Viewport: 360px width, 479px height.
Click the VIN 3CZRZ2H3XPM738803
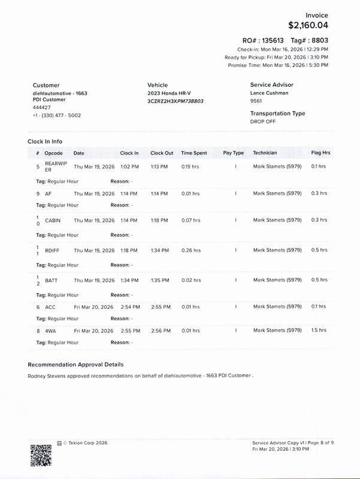pos(176,101)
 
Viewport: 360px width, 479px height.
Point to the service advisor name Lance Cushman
pos(270,93)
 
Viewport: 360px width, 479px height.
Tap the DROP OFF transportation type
pos(264,121)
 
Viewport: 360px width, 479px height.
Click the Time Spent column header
pos(194,153)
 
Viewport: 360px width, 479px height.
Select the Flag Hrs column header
pos(320,153)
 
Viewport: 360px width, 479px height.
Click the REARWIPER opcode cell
pos(55,167)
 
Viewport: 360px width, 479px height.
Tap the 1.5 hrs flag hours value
pos(319,330)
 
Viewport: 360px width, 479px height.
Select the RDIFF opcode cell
pos(53,250)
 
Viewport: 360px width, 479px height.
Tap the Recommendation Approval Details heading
pos(75,364)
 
